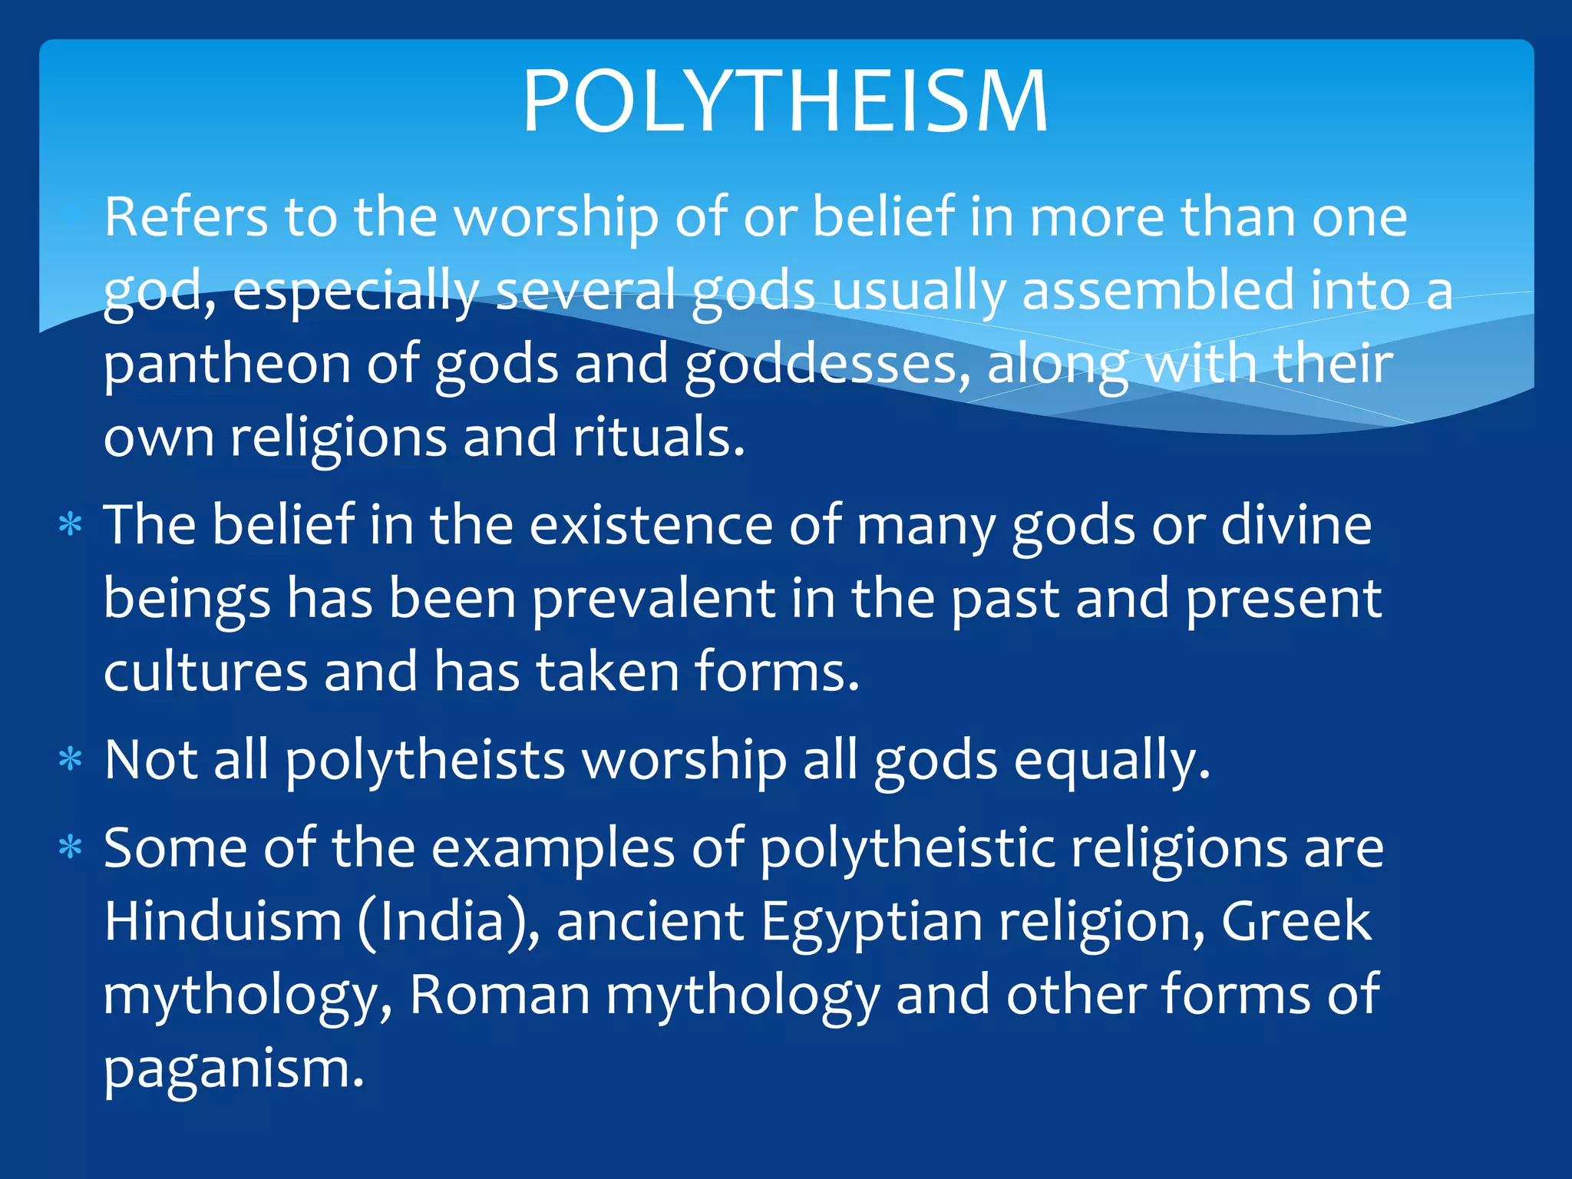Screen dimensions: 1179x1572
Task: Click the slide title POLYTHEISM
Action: pyautogui.click(x=785, y=101)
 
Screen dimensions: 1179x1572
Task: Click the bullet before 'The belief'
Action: pyautogui.click(x=71, y=526)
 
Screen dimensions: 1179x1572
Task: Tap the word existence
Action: pyautogui.click(x=651, y=526)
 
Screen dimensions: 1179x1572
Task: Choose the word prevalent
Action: pyautogui.click(x=653, y=599)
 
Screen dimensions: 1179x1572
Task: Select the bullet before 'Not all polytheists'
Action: pyautogui.click(x=71, y=760)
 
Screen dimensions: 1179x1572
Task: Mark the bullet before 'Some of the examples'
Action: pyautogui.click(x=71, y=848)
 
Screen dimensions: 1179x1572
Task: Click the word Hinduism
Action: pyautogui.click(x=223, y=922)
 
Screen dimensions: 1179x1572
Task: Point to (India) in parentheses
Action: pyautogui.click(x=448, y=922)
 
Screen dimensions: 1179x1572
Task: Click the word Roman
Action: pyautogui.click(x=500, y=996)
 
